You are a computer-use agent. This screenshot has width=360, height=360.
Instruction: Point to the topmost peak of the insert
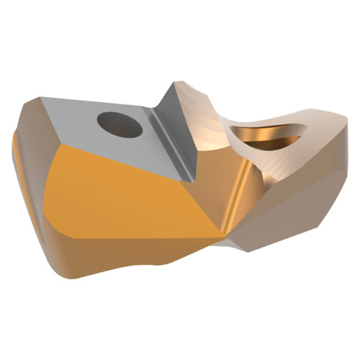(172, 83)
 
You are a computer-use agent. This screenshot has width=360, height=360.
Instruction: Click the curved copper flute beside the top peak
(209, 115)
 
